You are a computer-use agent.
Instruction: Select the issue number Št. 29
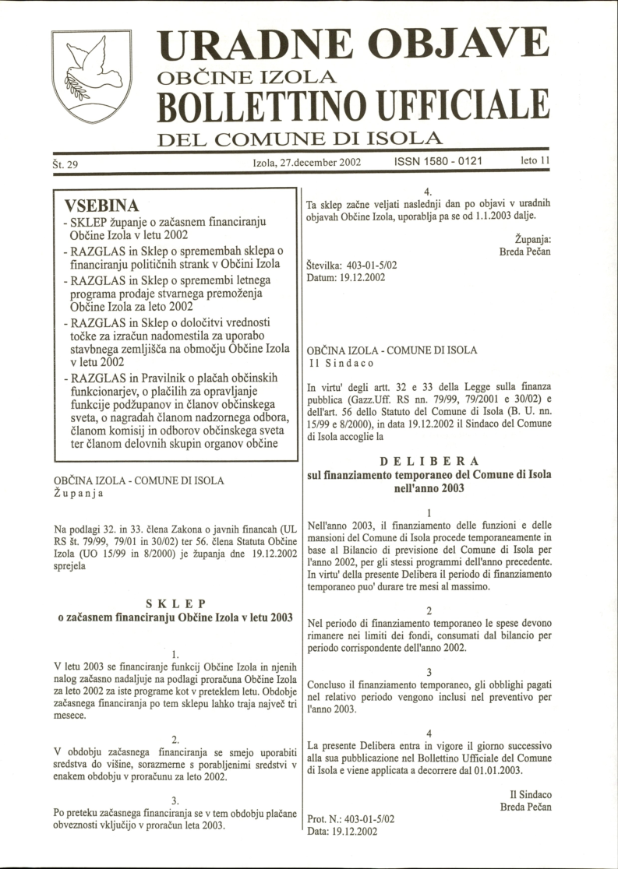point(69,164)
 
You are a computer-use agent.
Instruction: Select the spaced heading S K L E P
point(175,603)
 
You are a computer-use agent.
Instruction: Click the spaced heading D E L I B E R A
point(429,460)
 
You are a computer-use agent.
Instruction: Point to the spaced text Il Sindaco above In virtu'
point(337,364)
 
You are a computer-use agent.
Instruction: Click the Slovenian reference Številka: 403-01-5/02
point(351,265)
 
